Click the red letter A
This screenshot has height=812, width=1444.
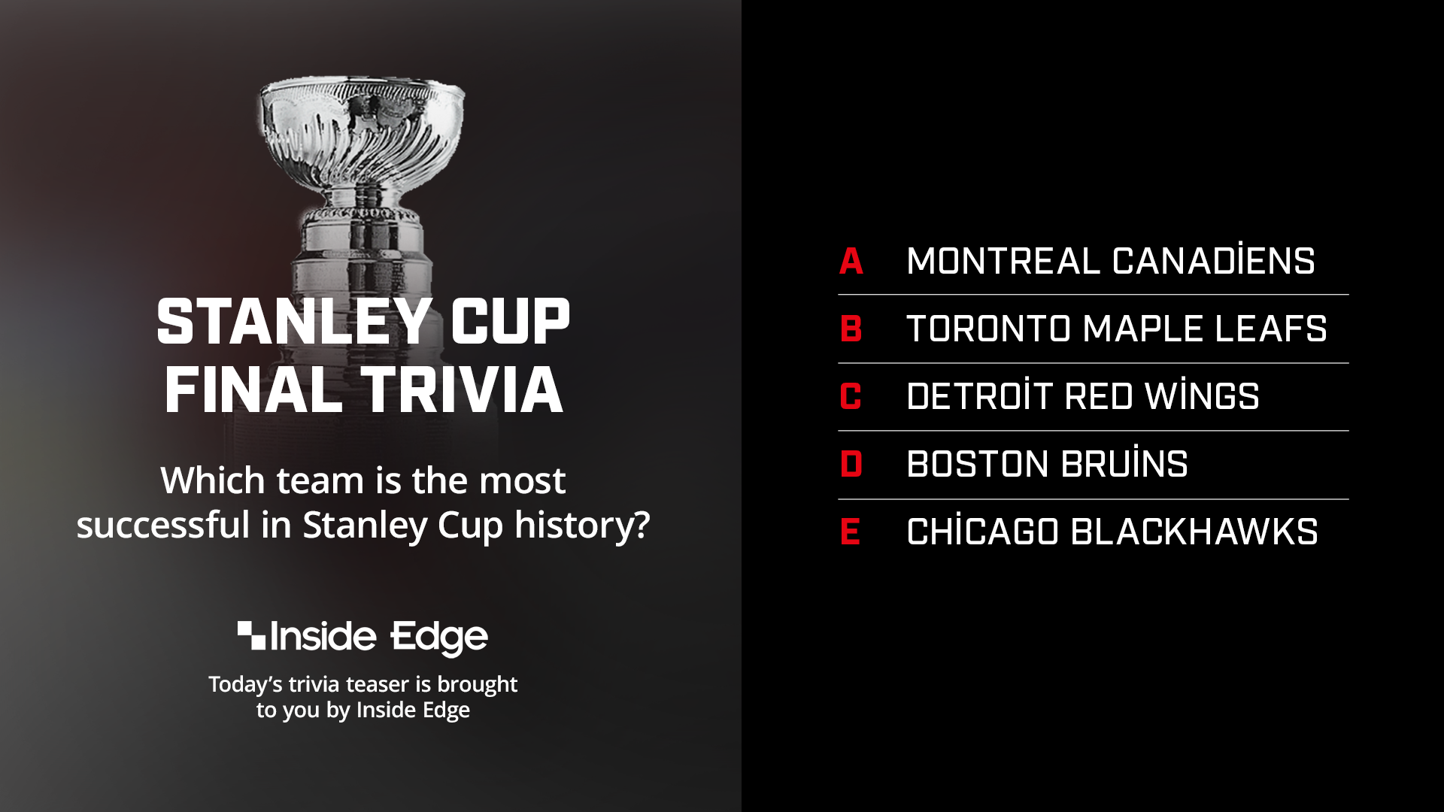pos(851,262)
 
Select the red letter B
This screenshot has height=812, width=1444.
pos(851,329)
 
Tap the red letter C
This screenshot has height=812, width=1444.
pos(851,396)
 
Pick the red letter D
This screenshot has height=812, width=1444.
pos(851,464)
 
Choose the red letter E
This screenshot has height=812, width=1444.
pos(850,532)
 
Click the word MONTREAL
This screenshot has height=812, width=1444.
pos(1003,262)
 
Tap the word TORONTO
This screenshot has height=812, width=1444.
pos(988,329)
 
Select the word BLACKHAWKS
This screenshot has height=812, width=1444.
pos(1194,532)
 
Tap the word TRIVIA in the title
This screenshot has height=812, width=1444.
pos(462,390)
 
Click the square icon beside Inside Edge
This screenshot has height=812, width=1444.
pos(251,635)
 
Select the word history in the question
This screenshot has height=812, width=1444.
pos(582,525)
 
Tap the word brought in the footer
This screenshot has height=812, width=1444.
pos(477,685)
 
